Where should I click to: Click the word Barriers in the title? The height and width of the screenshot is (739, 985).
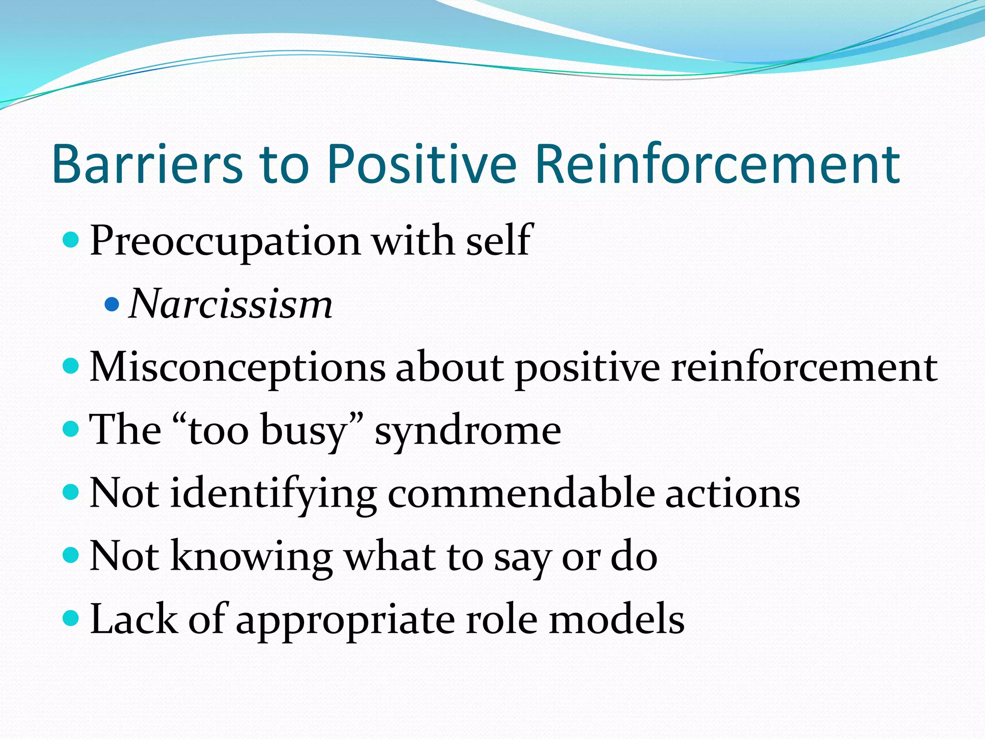point(147,165)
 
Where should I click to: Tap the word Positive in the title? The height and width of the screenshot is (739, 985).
point(421,165)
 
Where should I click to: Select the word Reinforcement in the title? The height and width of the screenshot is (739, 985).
point(717,165)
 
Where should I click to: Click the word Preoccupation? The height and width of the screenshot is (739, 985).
point(225,242)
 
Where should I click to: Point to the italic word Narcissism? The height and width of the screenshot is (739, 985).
point(231,305)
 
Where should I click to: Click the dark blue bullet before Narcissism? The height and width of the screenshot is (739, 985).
point(112,305)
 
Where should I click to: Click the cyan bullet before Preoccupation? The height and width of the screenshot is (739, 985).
point(71,239)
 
